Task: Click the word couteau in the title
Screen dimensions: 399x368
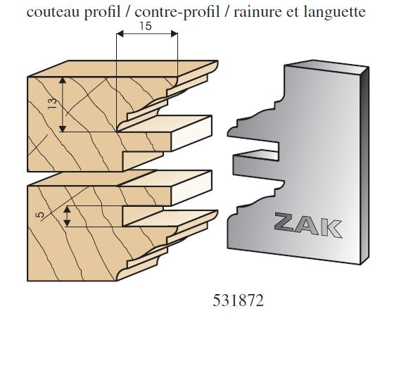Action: pyautogui.click(x=53, y=12)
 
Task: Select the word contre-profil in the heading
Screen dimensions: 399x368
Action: pyautogui.click(x=177, y=12)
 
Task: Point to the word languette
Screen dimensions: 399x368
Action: pyautogui.click(x=335, y=13)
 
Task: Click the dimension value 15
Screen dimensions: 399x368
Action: pyautogui.click(x=146, y=26)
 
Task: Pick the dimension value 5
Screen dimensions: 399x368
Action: pyautogui.click(x=39, y=215)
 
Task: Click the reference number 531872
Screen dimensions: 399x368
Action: pyautogui.click(x=238, y=300)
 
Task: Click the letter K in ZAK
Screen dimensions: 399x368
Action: pyautogui.click(x=331, y=229)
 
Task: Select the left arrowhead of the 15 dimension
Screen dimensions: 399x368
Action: pyautogui.click(x=120, y=34)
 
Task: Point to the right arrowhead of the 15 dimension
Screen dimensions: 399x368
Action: pyautogui.click(x=174, y=34)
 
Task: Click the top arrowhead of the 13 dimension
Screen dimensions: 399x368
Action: pyautogui.click(x=63, y=80)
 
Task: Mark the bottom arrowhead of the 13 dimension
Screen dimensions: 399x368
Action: pyautogui.click(x=63, y=129)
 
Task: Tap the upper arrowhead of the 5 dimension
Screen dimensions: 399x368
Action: pyautogui.click(x=67, y=209)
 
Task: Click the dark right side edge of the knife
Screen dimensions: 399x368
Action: pyautogui.click(x=365, y=165)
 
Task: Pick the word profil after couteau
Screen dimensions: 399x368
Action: pyautogui.click(x=102, y=13)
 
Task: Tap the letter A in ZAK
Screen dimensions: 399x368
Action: pyautogui.click(x=307, y=225)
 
